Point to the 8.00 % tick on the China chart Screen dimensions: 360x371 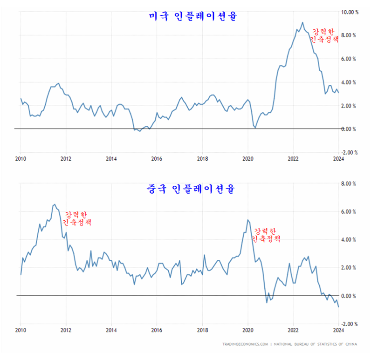(x=350, y=183)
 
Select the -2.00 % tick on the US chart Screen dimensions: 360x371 (x=350, y=152)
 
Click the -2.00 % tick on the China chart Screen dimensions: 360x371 (x=350, y=324)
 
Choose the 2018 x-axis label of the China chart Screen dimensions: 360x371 (x=202, y=330)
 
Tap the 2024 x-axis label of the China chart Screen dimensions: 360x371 (x=338, y=330)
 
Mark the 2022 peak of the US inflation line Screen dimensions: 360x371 (x=302, y=22)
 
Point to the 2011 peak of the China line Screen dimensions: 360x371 (x=55, y=204)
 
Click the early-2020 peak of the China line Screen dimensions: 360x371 (x=247, y=219)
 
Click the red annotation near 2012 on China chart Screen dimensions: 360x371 (x=77, y=218)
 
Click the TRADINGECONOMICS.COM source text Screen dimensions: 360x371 (x=245, y=345)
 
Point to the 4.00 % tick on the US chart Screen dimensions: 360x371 (x=350, y=82)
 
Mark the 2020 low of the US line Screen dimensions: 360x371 (x=255, y=128)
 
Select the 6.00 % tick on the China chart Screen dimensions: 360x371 (x=350, y=211)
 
